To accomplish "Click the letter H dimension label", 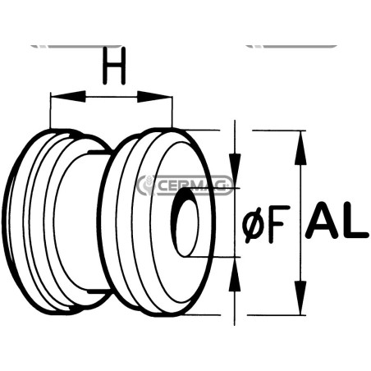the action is pyautogui.click(x=114, y=66).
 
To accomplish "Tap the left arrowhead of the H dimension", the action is pyautogui.click(x=68, y=97).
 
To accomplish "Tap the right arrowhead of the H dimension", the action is pyautogui.click(x=154, y=97).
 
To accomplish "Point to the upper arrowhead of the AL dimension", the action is pyautogui.click(x=300, y=148).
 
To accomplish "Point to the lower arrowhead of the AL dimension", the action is pyautogui.click(x=300, y=298).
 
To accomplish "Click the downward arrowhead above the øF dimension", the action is pyautogui.click(x=235, y=171).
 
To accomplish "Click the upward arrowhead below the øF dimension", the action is pyautogui.click(x=235, y=274).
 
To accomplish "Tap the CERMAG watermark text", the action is pyautogui.click(x=191, y=185).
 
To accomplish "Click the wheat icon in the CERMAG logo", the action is pyautogui.click(x=146, y=185).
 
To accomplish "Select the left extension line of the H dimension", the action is pyautogui.click(x=51, y=111).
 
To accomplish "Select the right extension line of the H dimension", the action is pyautogui.click(x=172, y=112).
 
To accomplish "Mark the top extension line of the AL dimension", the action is pyautogui.click(x=278, y=131).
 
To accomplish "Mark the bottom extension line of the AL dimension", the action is pyautogui.click(x=277, y=315).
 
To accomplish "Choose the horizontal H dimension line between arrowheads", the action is pyautogui.click(x=112, y=97).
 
